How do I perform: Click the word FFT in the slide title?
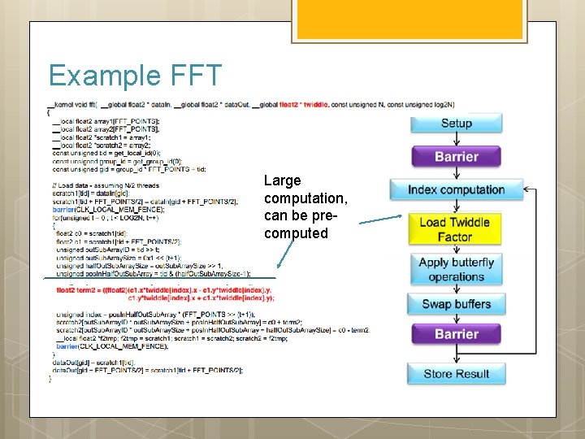click(196, 76)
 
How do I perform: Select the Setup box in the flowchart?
click(456, 124)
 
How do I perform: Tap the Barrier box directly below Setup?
click(456, 156)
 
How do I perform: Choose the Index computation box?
click(456, 190)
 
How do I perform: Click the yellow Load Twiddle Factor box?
click(455, 229)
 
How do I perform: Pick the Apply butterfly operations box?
click(456, 269)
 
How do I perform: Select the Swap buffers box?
click(456, 305)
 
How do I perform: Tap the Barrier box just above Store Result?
click(456, 334)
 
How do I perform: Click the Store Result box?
click(456, 374)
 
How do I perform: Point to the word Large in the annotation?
click(283, 180)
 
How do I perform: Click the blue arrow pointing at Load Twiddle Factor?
click(382, 219)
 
